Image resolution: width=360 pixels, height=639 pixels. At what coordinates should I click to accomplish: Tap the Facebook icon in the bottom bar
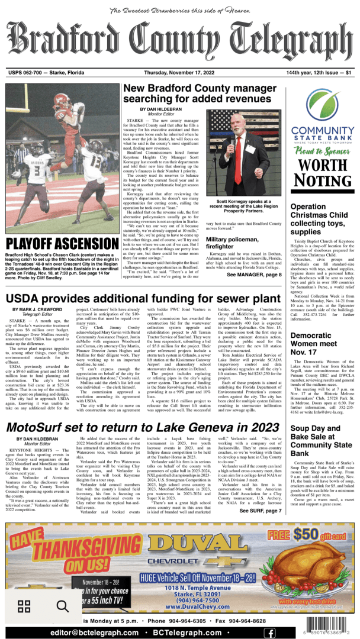269,632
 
